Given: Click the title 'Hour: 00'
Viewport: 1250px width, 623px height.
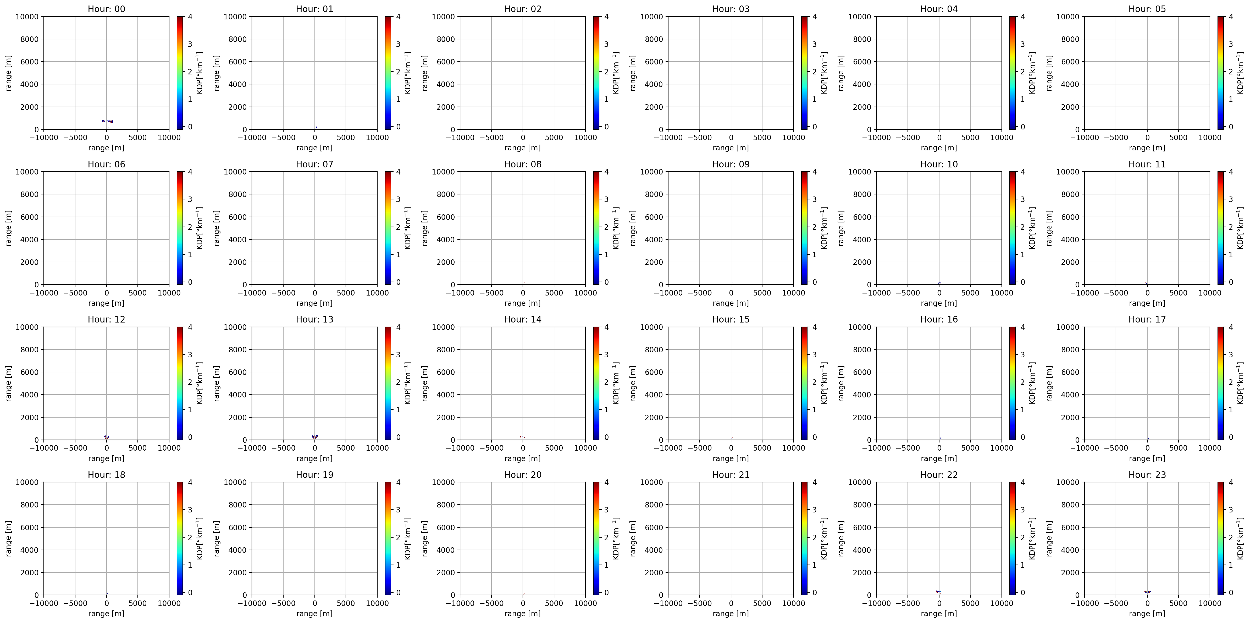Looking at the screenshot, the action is (x=106, y=9).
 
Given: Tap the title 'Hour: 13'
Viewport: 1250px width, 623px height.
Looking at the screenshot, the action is (x=314, y=319).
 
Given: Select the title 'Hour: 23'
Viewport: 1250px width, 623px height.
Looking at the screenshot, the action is (x=1147, y=474).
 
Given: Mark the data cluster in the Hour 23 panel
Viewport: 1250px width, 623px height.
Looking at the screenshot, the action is (x=1147, y=592).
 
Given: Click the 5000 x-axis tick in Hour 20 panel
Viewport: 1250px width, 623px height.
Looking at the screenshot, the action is (x=554, y=603).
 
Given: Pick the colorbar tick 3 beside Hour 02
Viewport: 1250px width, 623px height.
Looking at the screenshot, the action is (x=606, y=44).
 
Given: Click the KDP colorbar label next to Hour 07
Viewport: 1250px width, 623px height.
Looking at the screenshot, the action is (x=408, y=228).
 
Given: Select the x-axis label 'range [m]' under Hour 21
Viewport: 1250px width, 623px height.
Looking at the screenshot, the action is (x=731, y=613).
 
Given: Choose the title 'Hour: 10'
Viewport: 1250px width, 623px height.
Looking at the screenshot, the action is (x=939, y=164).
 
